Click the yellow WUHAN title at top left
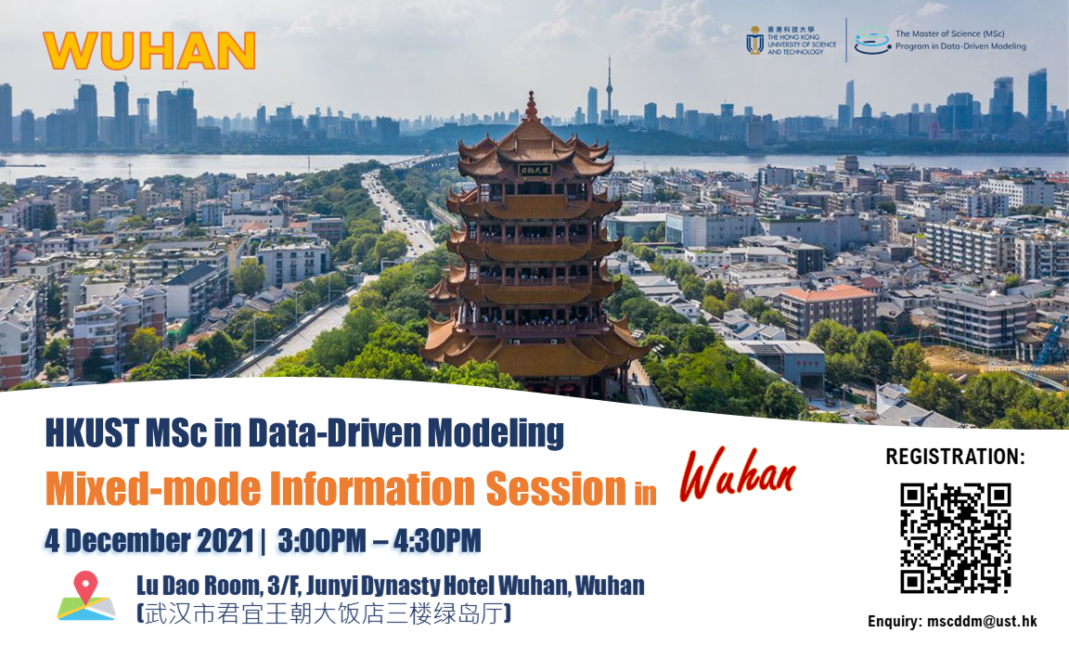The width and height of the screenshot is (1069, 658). coord(148,51)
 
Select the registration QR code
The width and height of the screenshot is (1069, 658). coord(955,537)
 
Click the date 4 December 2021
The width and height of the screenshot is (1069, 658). coord(148,540)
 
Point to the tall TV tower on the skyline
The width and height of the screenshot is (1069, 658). coord(609,89)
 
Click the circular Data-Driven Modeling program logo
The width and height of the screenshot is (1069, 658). coord(871,40)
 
